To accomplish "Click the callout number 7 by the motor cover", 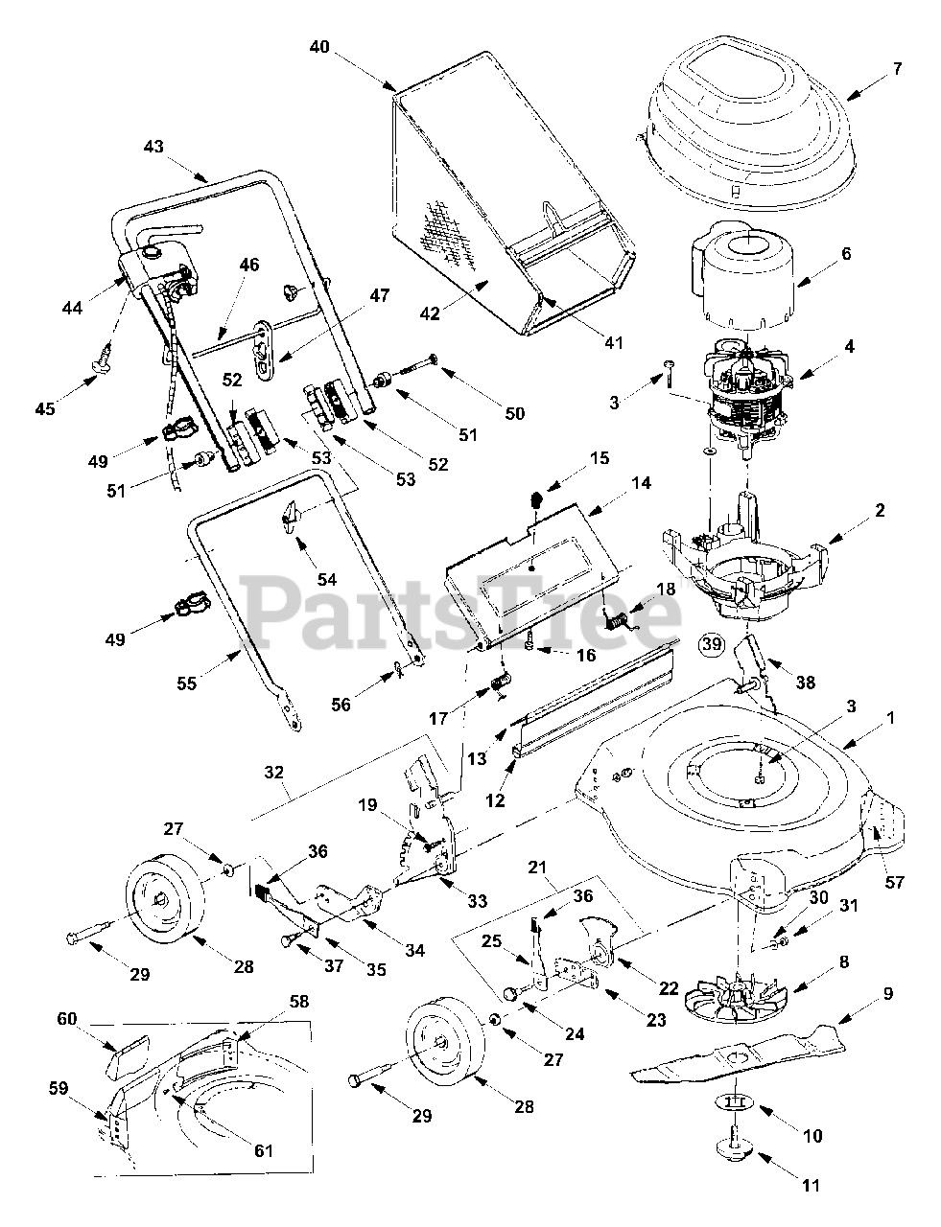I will point(896,69).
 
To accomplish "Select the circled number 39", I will point(711,644).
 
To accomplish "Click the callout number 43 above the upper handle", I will point(153,147).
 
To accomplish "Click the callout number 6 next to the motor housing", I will point(844,254).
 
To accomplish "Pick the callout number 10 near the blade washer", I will point(812,1136).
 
